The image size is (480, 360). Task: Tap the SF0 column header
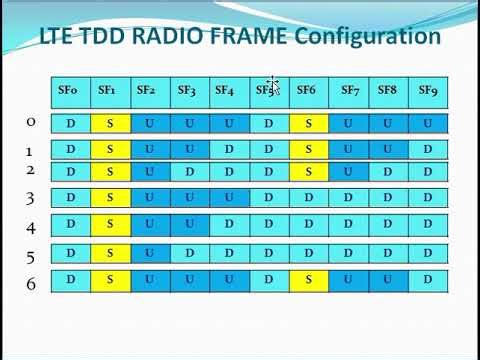(x=69, y=91)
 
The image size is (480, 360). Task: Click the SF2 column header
(x=146, y=91)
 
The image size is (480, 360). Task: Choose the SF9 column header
(x=428, y=91)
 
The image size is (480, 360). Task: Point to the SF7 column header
(x=349, y=91)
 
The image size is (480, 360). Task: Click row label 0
(x=30, y=122)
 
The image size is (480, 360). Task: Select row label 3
(x=30, y=197)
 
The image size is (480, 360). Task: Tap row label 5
(x=30, y=256)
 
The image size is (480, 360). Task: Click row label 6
(x=30, y=284)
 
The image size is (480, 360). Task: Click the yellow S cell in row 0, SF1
(x=108, y=124)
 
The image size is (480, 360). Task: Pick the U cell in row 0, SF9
(x=428, y=124)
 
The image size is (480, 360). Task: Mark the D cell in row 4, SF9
(x=428, y=224)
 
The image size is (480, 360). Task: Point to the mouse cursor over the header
(x=272, y=86)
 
